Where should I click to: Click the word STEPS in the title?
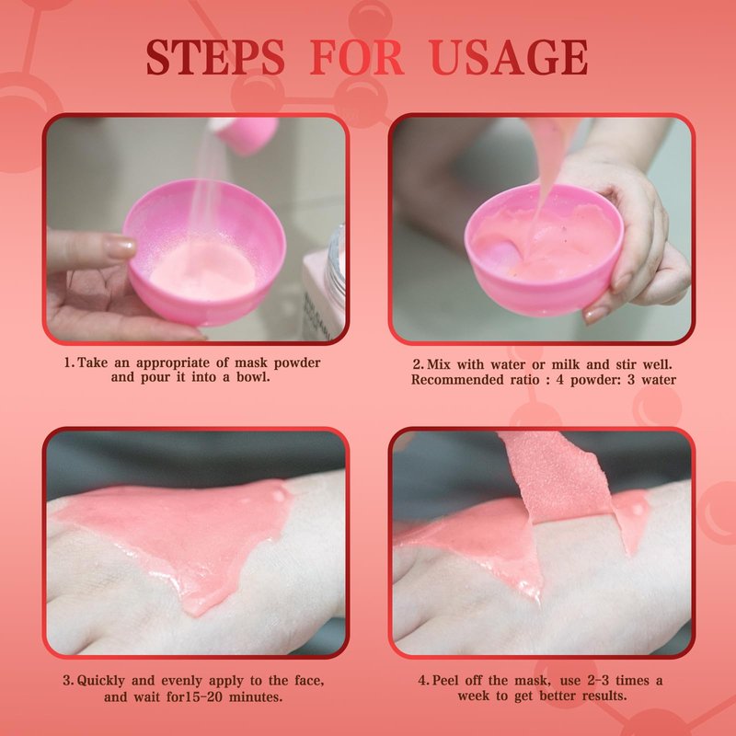tap(215, 57)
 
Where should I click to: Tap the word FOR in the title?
tap(357, 57)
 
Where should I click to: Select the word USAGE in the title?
tap(509, 57)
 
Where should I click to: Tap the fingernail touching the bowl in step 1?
tap(121, 246)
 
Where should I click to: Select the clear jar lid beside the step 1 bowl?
tap(336, 263)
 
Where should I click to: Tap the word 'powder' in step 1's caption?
tap(297, 362)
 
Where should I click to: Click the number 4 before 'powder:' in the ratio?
tap(559, 380)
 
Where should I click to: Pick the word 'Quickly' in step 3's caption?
tap(101, 681)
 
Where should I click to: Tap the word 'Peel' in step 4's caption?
tap(448, 680)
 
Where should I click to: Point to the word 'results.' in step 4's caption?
tap(604, 696)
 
